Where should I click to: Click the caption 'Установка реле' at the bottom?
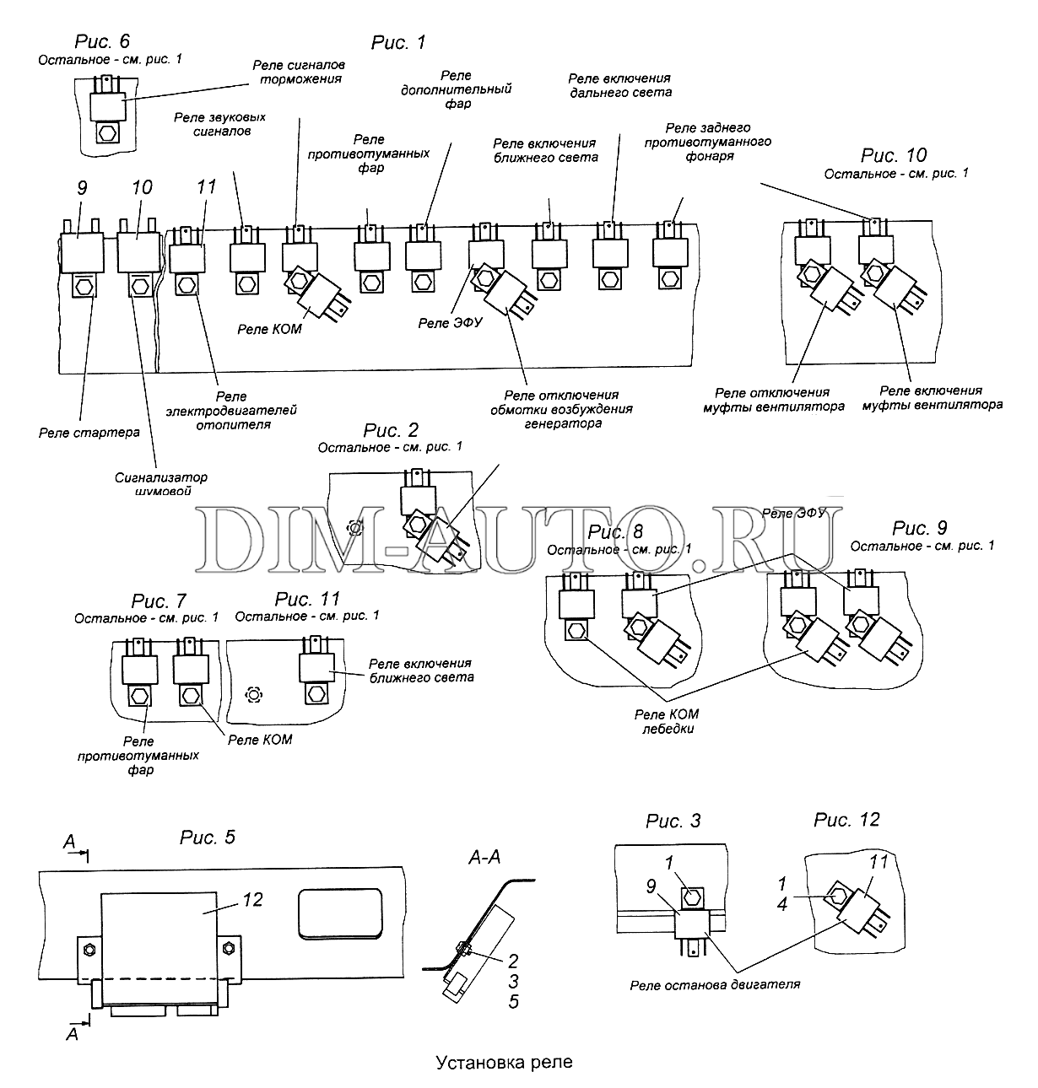(504, 1061)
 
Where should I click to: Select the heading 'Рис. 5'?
(207, 838)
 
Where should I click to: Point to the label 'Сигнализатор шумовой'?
(161, 484)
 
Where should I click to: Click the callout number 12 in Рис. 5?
(252, 900)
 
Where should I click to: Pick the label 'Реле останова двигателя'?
(714, 984)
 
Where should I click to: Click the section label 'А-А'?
(484, 857)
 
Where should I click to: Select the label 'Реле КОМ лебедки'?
(666, 721)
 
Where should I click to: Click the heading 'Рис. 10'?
(894, 156)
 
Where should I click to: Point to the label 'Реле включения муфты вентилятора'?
(932, 397)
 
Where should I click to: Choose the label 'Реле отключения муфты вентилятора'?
(772, 399)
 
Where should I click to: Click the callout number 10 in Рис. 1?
(142, 186)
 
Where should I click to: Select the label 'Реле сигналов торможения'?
(300, 72)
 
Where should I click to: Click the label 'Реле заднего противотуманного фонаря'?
(707, 142)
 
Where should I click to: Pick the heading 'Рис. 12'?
(846, 820)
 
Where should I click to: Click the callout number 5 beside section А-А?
(513, 1001)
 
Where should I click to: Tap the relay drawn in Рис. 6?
(107, 106)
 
